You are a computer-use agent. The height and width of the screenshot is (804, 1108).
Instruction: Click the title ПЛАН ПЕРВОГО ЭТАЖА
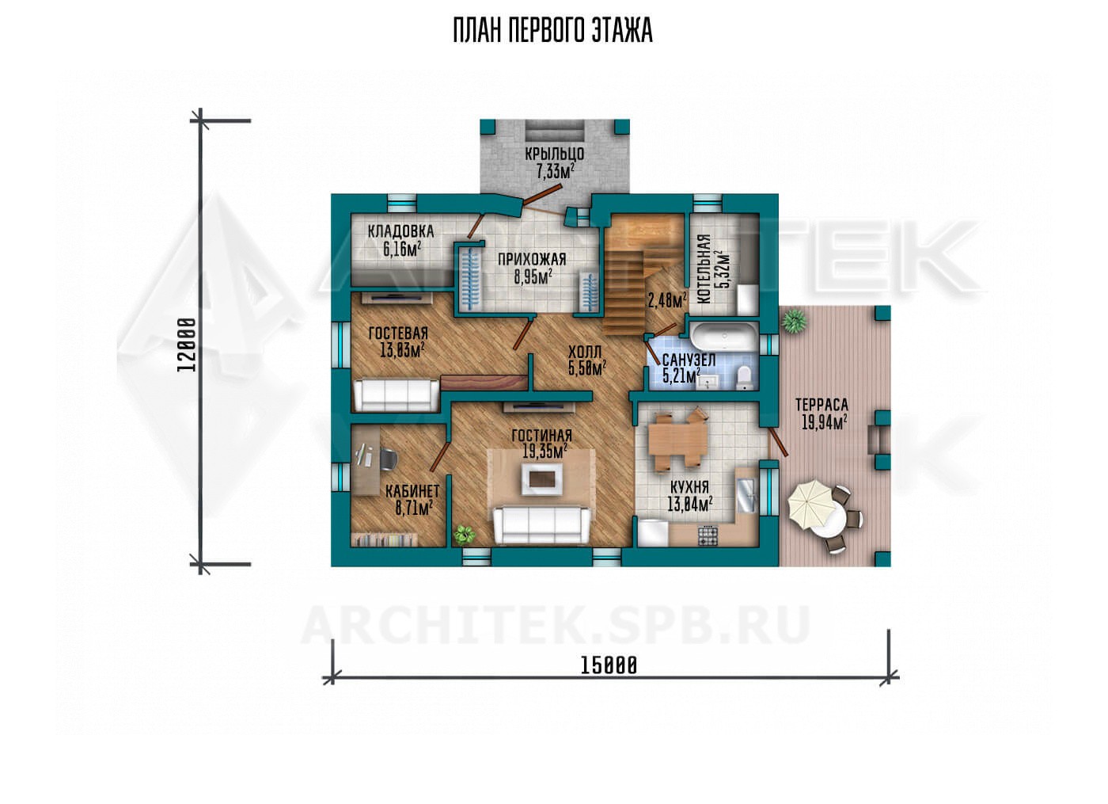(553, 31)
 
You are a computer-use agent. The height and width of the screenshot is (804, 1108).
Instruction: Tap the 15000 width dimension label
(609, 665)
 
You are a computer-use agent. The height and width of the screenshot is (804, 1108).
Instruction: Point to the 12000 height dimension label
(187, 345)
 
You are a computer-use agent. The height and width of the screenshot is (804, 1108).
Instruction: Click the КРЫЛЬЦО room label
(555, 154)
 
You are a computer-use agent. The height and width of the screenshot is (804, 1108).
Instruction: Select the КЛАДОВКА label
(400, 231)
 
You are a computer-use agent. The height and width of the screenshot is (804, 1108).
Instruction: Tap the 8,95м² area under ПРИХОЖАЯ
(533, 276)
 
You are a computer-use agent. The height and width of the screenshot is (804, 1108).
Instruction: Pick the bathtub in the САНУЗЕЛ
(724, 336)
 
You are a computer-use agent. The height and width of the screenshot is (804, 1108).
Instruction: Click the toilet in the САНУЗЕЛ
(743, 377)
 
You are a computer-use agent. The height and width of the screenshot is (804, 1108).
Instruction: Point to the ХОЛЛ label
(585, 352)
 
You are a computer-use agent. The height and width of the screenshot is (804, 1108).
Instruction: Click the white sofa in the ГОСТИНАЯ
(541, 525)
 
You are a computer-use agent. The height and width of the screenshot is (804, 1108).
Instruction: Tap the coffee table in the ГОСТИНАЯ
(542, 478)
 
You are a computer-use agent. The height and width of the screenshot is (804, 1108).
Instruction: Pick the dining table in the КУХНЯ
(676, 440)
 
